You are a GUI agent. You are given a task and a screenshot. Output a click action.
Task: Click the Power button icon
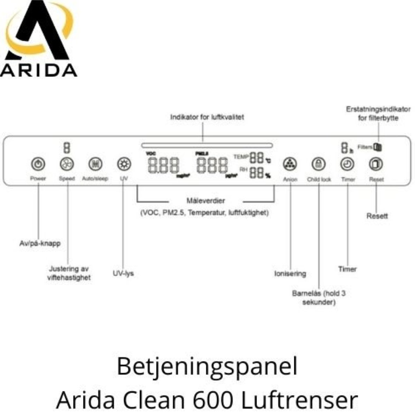click(38, 164)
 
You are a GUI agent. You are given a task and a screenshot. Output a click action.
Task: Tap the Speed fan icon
click(67, 164)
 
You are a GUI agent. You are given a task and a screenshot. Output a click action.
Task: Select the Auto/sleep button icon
click(95, 164)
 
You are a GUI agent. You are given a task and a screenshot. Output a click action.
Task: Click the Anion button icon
click(290, 164)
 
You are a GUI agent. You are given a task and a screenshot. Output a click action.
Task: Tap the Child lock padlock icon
click(319, 164)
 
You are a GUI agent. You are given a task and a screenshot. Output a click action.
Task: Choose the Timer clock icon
click(348, 164)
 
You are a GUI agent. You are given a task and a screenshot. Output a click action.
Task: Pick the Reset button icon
click(376, 164)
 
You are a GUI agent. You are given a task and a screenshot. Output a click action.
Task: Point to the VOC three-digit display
click(164, 165)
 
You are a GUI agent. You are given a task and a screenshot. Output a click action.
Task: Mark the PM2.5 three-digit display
click(212, 165)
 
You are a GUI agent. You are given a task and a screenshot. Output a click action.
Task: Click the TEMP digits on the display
click(256, 158)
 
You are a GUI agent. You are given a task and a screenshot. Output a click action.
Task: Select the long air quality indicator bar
click(207, 145)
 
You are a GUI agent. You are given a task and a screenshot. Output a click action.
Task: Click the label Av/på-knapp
click(40, 243)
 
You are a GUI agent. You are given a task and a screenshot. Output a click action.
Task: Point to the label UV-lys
click(123, 274)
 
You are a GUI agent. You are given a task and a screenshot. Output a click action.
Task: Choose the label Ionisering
click(290, 274)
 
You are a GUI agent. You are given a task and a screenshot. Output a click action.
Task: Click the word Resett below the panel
click(377, 216)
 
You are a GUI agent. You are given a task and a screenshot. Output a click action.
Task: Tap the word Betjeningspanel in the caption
click(207, 367)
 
